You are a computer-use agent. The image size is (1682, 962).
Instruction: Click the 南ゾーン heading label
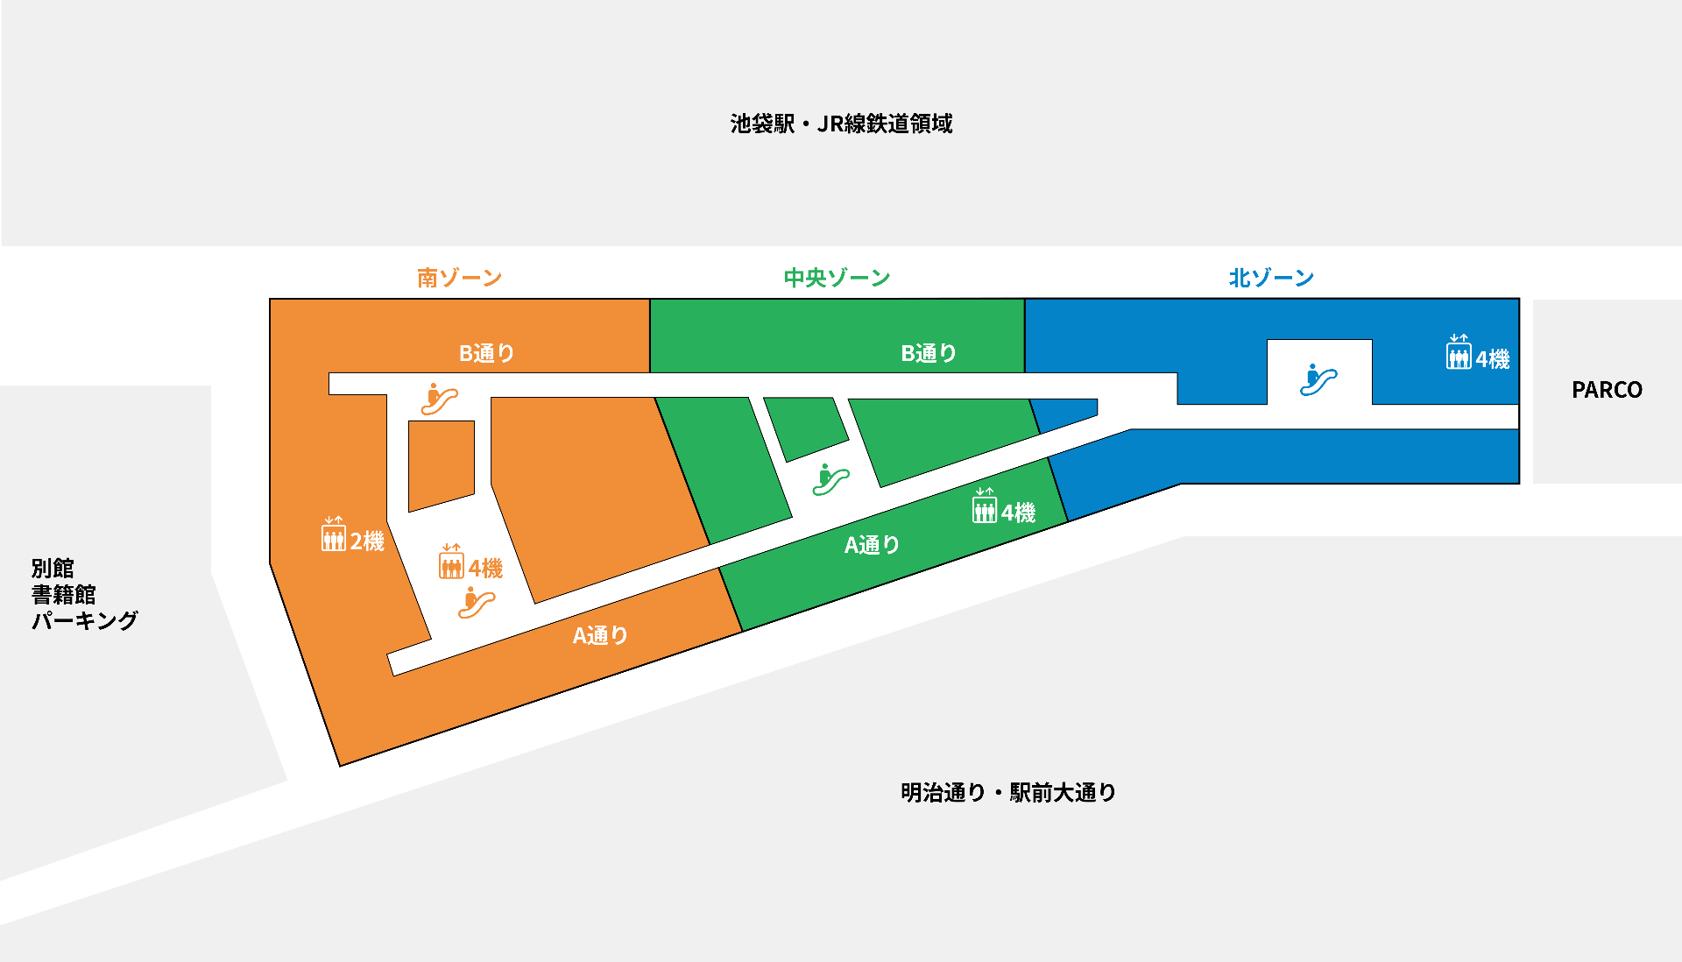(x=459, y=278)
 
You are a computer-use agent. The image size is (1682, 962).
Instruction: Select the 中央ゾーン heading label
(x=837, y=278)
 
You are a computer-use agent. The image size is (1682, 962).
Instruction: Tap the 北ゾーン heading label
(x=1271, y=278)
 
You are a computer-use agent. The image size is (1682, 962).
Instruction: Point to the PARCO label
(x=1607, y=390)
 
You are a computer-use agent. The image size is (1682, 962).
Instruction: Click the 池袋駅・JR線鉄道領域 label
(x=841, y=124)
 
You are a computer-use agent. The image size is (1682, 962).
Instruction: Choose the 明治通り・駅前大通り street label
(x=1008, y=792)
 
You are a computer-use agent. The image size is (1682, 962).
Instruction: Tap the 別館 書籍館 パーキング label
(x=84, y=594)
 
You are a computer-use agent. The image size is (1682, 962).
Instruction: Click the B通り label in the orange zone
(x=487, y=353)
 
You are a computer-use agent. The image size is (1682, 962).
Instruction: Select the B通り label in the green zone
(x=929, y=353)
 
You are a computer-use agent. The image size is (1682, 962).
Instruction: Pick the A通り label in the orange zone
(x=600, y=635)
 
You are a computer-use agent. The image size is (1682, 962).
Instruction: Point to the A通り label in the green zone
(x=872, y=545)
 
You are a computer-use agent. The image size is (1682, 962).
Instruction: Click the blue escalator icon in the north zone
(x=1318, y=380)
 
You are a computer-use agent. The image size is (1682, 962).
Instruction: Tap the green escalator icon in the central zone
(x=830, y=480)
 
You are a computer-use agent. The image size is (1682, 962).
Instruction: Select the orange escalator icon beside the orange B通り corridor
(x=438, y=399)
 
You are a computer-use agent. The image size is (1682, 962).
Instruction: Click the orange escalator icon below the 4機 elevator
(x=476, y=603)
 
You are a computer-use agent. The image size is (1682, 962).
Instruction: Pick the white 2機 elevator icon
(x=333, y=534)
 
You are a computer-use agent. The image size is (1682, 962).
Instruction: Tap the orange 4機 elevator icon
(x=451, y=562)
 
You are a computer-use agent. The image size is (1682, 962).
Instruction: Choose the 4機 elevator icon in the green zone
(x=985, y=506)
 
